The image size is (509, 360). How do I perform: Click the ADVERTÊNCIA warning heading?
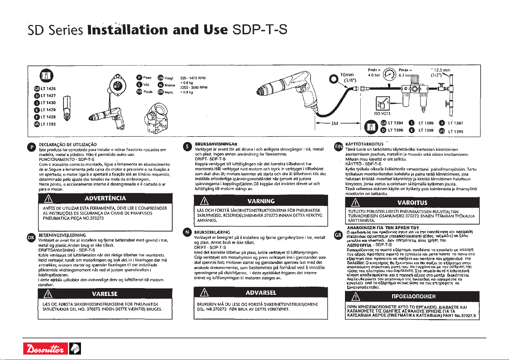tap(105, 198)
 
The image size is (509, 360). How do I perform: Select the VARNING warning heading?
tap(261, 201)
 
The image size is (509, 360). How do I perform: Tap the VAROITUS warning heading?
tap(412, 203)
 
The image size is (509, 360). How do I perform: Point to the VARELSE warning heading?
tap(105, 294)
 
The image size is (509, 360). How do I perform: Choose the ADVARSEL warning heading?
tap(261, 293)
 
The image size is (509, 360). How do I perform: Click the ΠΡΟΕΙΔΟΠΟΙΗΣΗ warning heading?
tap(413, 297)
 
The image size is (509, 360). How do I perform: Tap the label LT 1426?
tap(48, 88)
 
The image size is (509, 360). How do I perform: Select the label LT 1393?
tap(48, 124)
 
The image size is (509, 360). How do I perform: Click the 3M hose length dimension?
tap(334, 123)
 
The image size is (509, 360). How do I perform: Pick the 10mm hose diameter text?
tap(347, 75)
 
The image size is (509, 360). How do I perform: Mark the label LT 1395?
tap(456, 131)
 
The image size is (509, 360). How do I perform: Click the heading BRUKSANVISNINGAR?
tap(216, 144)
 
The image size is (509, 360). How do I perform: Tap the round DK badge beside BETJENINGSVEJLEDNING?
tap(31, 237)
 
